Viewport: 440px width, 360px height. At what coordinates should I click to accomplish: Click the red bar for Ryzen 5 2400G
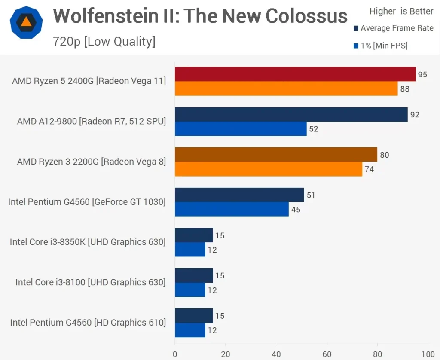point(295,74)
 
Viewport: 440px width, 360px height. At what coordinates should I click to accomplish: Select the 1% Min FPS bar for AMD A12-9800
point(241,129)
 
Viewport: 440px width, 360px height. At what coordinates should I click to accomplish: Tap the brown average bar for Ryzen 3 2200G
point(276,155)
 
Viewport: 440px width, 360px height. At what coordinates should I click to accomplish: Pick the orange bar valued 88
point(286,88)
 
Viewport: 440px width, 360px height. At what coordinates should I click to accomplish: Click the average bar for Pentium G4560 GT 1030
point(239,195)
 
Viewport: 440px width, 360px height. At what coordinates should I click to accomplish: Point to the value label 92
point(415,115)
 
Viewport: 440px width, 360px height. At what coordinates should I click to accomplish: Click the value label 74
point(369,169)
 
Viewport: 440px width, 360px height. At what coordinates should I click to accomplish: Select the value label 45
point(296,210)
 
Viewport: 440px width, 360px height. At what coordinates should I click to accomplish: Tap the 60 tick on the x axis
point(327,355)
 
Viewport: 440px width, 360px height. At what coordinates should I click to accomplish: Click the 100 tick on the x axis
point(428,355)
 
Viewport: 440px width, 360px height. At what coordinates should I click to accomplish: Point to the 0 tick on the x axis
point(175,355)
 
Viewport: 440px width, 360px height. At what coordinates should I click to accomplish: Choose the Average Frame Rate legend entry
point(393,28)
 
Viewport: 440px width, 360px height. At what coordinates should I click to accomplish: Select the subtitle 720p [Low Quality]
point(104,42)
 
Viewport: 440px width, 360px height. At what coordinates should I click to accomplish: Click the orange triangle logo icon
point(26,22)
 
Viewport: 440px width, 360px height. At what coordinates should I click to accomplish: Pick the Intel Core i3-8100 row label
point(90,282)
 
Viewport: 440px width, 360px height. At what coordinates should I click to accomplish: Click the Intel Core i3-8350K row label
point(88,242)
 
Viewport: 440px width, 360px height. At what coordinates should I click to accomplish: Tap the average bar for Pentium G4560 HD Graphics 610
point(194,316)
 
